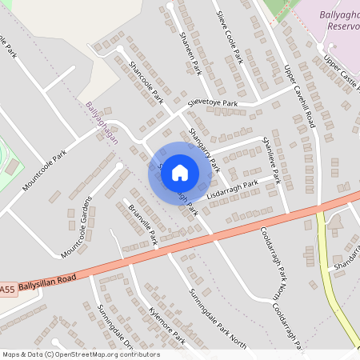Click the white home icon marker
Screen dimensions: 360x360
tap(180, 172)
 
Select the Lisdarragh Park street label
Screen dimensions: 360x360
tap(232, 190)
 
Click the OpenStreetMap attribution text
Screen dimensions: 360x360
tap(80, 354)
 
